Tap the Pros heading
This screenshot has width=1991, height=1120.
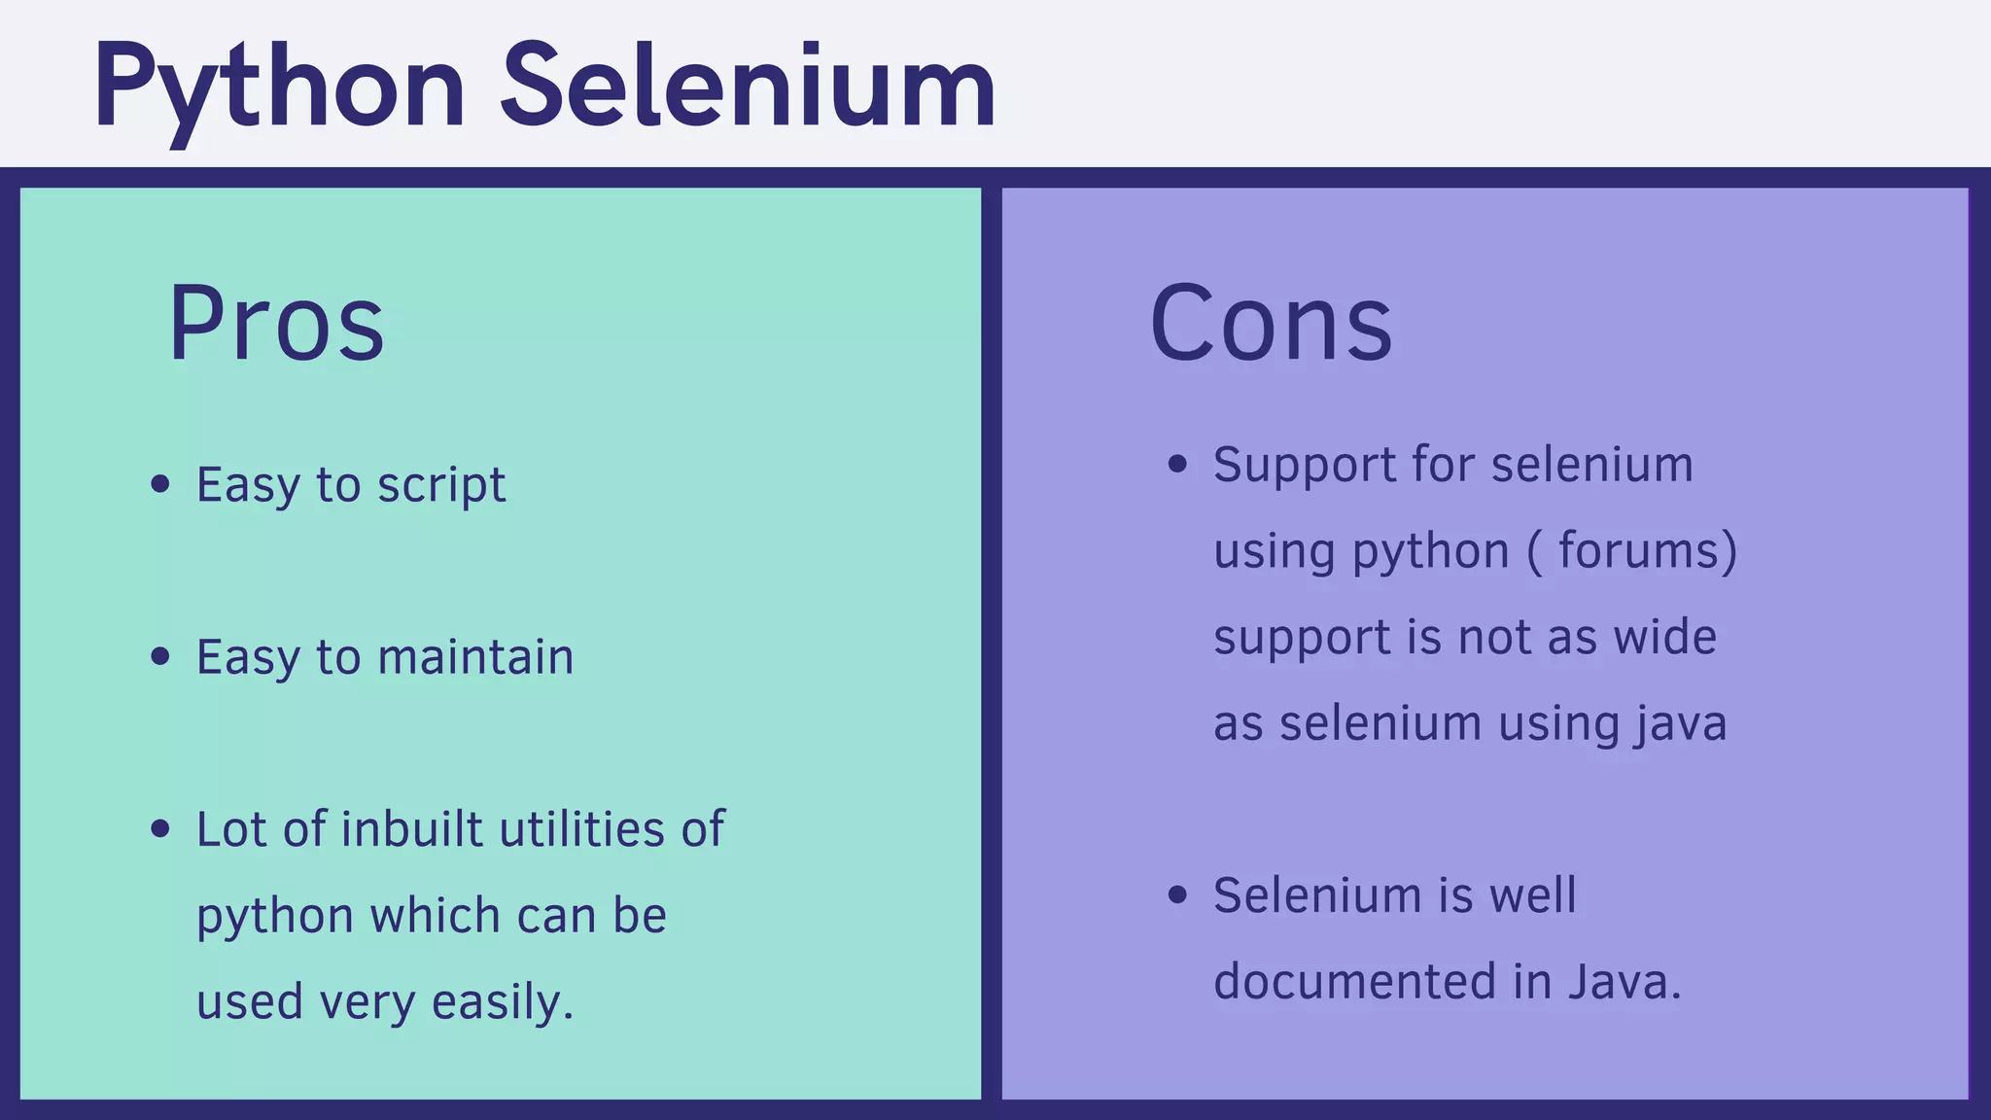pyautogui.click(x=276, y=323)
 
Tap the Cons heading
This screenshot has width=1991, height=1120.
pyautogui.click(x=1271, y=323)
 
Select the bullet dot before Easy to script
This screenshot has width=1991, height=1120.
pyautogui.click(x=161, y=484)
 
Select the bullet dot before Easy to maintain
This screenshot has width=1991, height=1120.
pyautogui.click(x=161, y=657)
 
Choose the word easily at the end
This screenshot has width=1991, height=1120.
pyautogui.click(x=502, y=1002)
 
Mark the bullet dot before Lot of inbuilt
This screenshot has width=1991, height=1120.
pyautogui.click(x=161, y=829)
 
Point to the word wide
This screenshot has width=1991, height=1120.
pyautogui.click(x=1664, y=638)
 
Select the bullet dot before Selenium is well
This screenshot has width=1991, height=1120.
pyautogui.click(x=1178, y=895)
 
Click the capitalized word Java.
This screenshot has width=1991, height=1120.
pyautogui.click(x=1623, y=982)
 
